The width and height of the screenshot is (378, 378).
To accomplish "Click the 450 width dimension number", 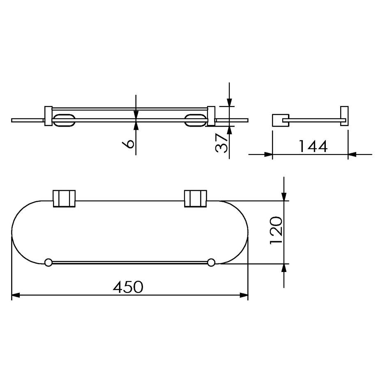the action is pyautogui.click(x=128, y=287).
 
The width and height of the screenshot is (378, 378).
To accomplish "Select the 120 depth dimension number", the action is pyautogui.click(x=276, y=230).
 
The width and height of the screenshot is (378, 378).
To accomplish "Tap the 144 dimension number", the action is pyautogui.click(x=313, y=146).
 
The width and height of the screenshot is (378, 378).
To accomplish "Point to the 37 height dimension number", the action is pyautogui.click(x=221, y=143).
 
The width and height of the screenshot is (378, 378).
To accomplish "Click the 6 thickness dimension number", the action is pyautogui.click(x=128, y=144).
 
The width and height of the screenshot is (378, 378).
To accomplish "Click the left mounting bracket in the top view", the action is pyautogui.click(x=64, y=198).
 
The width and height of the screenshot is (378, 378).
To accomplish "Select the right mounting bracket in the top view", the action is pyautogui.click(x=196, y=198).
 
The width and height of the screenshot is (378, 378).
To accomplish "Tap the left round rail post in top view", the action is pyautogui.click(x=48, y=262).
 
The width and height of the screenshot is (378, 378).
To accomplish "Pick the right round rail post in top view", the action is pyautogui.click(x=211, y=262).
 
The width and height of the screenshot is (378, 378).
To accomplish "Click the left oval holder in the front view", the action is pyautogui.click(x=64, y=120).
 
